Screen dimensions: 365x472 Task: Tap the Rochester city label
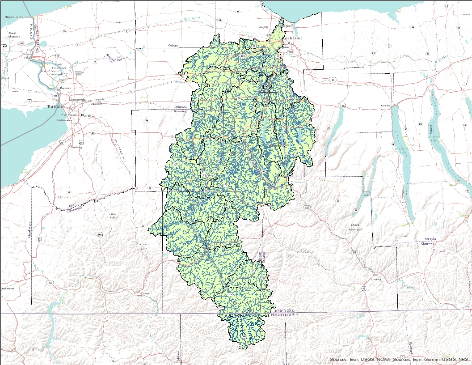(292, 38)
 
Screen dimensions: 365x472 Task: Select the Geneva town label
(385, 106)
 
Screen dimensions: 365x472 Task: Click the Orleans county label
(173, 46)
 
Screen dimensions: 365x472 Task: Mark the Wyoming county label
(180, 111)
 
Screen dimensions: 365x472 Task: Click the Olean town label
(145, 293)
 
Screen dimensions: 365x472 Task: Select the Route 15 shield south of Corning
(364, 289)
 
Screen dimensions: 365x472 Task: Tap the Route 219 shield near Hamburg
(81, 142)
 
